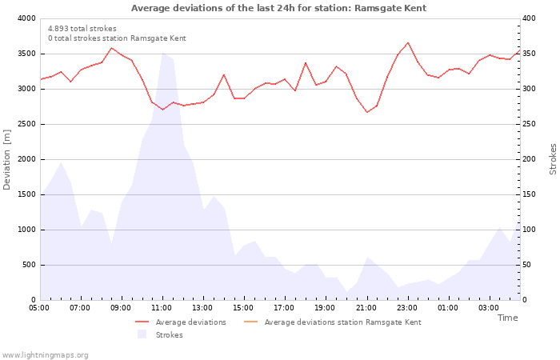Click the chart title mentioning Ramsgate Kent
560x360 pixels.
[x=278, y=8]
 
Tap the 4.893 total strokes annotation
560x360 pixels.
[x=82, y=28]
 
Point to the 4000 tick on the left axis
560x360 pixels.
[x=26, y=18]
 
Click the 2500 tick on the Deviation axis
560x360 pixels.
[x=26, y=124]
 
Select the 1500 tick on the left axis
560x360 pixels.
[x=26, y=194]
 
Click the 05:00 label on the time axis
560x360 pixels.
[x=39, y=307]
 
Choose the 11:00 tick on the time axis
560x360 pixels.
[x=162, y=307]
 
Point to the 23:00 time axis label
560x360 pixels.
[x=407, y=307]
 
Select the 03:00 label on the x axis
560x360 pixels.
[x=489, y=307]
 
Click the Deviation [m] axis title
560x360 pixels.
[x=7, y=159]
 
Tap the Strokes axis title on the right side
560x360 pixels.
[x=553, y=159]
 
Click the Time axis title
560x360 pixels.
[x=507, y=318]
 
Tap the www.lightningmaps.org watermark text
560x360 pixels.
[x=45, y=354]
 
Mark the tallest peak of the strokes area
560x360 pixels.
[x=162, y=53]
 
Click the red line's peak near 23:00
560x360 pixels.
[x=407, y=42]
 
